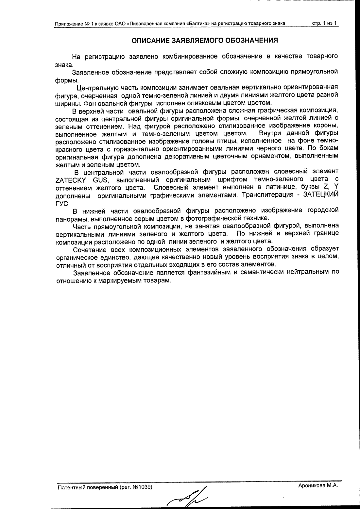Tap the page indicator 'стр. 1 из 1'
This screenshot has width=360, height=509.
tap(325, 23)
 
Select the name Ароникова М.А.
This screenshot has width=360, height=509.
tap(318, 486)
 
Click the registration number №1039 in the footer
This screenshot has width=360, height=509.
tap(142, 487)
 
